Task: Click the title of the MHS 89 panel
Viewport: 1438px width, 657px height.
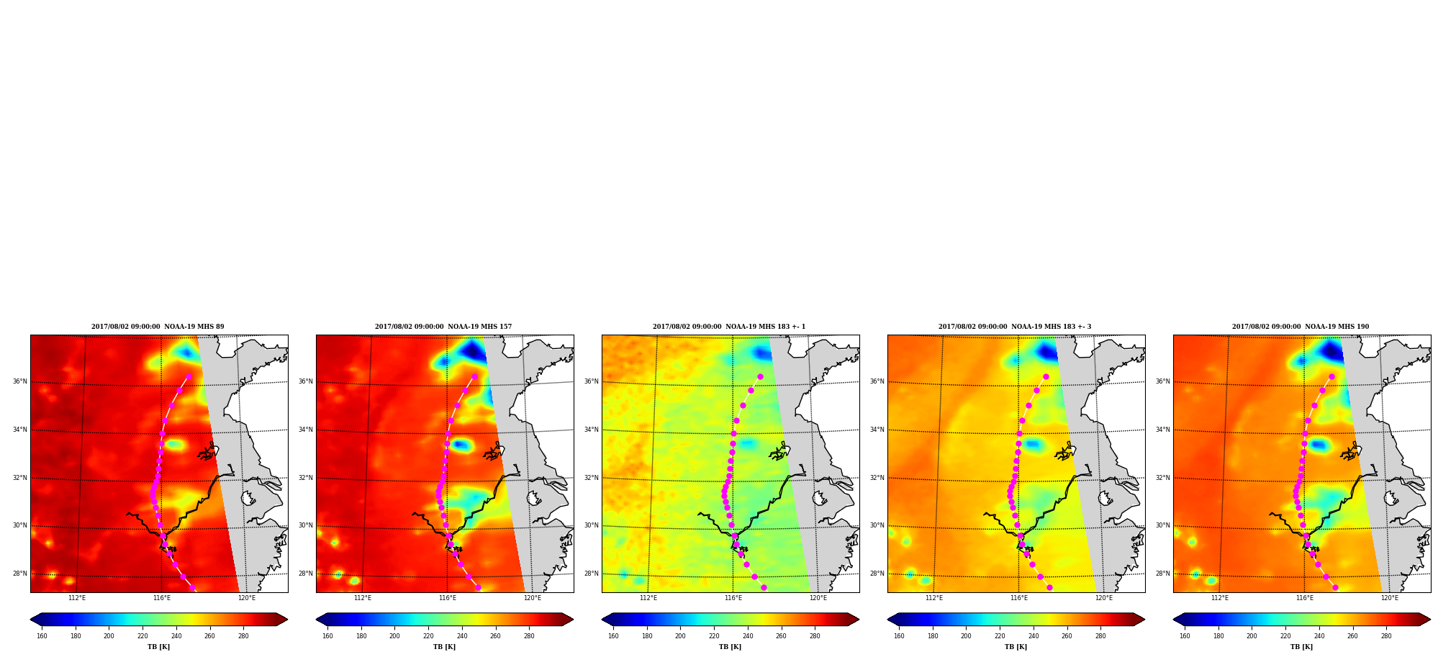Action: (158, 327)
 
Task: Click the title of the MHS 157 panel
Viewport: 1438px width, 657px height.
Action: (443, 327)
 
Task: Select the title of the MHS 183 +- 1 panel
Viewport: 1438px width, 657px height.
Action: (729, 327)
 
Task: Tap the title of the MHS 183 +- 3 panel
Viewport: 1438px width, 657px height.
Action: (1015, 327)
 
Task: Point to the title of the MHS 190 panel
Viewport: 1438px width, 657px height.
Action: (1301, 327)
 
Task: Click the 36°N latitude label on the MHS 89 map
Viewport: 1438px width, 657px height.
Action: (19, 381)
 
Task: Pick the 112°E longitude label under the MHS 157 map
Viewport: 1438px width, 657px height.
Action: (363, 598)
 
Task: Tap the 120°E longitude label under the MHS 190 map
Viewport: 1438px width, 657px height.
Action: (1390, 598)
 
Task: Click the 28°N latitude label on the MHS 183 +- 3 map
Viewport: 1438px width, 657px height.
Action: (877, 574)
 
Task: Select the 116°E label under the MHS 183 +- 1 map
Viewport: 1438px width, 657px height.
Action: (733, 598)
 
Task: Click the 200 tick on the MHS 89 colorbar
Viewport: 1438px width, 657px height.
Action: (109, 636)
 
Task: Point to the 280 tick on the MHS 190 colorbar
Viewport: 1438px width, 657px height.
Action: (1386, 636)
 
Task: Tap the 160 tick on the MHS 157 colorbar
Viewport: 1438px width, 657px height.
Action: (327, 636)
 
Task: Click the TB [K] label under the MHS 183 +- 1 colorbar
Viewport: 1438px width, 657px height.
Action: (730, 647)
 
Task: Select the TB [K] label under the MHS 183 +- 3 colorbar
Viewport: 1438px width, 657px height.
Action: (1016, 647)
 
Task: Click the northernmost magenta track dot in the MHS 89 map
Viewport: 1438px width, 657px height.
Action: (189, 376)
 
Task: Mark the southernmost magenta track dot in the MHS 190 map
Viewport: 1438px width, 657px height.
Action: (1335, 588)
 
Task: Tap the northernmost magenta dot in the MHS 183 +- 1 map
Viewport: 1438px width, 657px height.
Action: (760, 376)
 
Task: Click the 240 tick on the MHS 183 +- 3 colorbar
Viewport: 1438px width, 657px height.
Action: (1034, 636)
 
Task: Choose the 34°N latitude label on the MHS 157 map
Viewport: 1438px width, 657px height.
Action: (305, 430)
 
